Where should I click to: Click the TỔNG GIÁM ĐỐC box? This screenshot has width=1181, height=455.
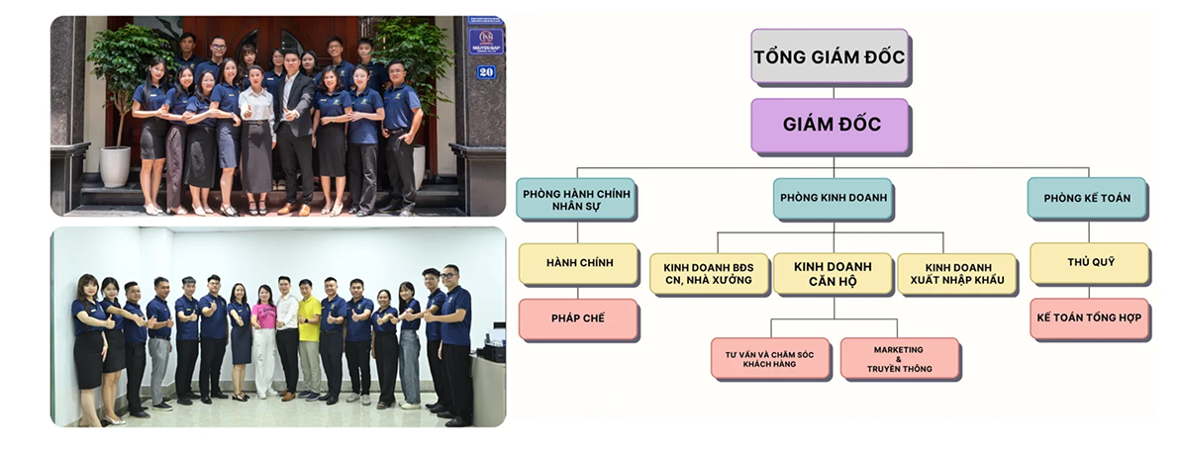(830, 56)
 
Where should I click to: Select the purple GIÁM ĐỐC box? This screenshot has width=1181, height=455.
(831, 125)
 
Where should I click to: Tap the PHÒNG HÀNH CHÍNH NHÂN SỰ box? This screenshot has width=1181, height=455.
(576, 199)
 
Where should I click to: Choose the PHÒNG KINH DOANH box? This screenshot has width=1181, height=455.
(833, 199)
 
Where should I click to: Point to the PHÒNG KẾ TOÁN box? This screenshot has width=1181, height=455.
(1087, 199)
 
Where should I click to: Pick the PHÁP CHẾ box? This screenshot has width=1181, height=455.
(578, 318)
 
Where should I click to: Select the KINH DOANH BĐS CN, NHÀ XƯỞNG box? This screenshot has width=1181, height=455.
(709, 274)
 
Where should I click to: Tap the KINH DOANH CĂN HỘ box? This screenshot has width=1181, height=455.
(833, 274)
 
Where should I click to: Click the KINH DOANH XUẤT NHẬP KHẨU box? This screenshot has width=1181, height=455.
(956, 274)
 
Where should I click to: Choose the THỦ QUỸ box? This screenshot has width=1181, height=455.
(1090, 263)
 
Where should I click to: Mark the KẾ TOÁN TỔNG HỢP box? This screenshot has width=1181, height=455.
(1090, 318)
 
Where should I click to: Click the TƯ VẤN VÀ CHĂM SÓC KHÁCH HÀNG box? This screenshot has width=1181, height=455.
(770, 359)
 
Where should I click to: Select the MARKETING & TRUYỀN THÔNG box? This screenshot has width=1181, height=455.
(900, 359)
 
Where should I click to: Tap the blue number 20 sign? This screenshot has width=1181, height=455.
(486, 72)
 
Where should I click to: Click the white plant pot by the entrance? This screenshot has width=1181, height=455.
(115, 166)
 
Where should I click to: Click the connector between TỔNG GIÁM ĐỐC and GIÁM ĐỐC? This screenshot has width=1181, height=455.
(833, 91)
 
